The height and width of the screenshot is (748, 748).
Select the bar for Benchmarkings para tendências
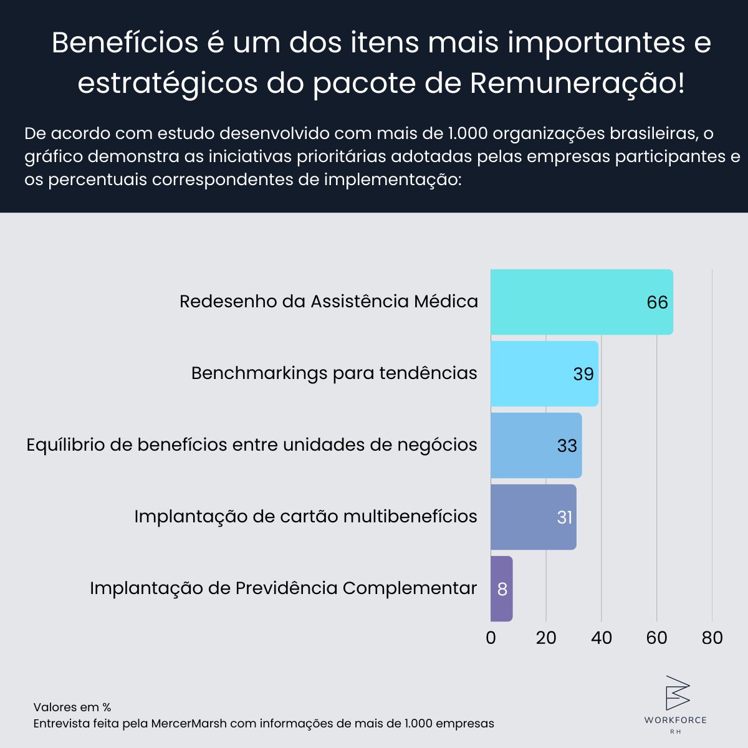(x=536, y=374)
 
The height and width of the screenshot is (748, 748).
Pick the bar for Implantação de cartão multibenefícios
(x=524, y=517)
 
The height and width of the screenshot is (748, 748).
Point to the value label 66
(x=657, y=302)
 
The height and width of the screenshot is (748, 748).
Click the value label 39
(x=583, y=374)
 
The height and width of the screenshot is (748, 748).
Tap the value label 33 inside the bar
(x=567, y=446)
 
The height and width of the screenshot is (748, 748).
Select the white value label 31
(x=564, y=517)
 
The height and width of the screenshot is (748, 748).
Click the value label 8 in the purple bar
(x=502, y=589)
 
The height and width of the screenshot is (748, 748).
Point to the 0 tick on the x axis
(x=491, y=638)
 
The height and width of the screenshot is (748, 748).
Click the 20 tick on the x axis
(x=546, y=638)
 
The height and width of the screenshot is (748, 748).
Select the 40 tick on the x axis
(x=602, y=638)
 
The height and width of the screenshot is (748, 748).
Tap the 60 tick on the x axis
(x=656, y=638)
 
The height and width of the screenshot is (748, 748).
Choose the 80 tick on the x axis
(x=712, y=638)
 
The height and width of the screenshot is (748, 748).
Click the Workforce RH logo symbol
(x=676, y=693)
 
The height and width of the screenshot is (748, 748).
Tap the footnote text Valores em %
(x=72, y=707)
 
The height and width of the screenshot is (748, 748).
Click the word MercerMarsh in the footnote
(x=189, y=724)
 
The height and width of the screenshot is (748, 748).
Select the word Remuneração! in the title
(x=577, y=83)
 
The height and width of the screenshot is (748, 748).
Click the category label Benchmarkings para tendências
(x=334, y=373)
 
